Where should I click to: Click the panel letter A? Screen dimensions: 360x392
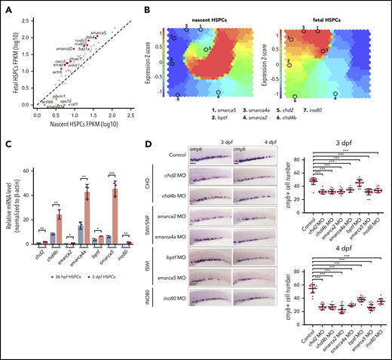(x=6, y=7)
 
